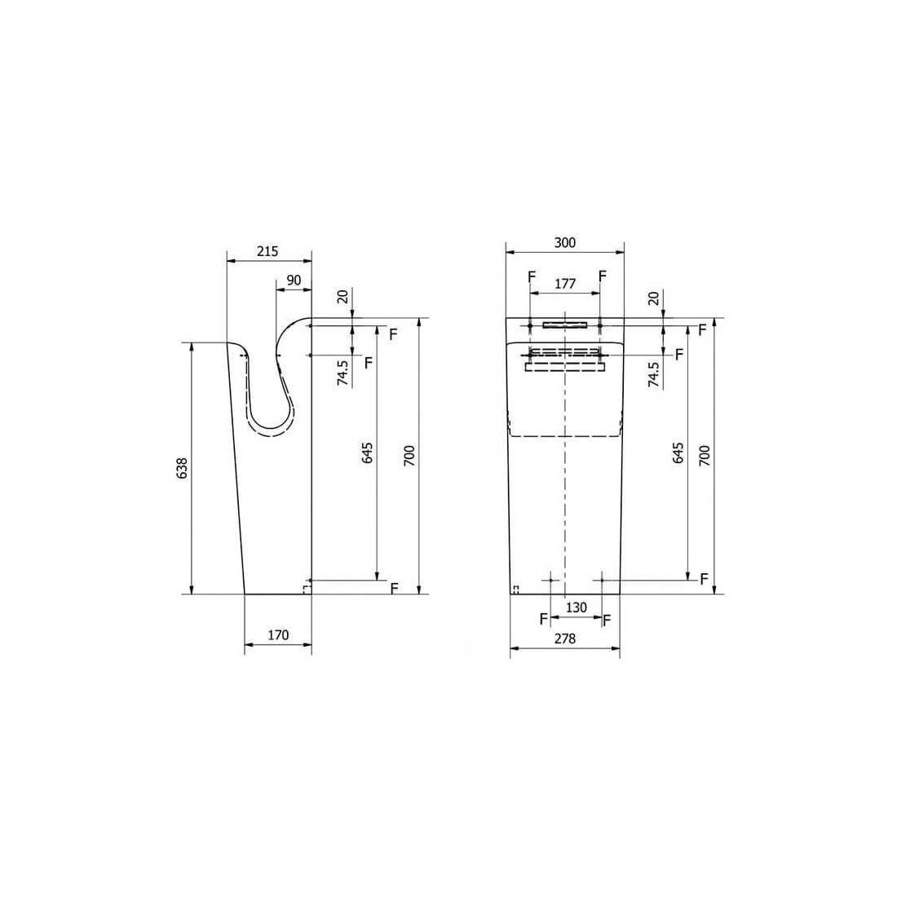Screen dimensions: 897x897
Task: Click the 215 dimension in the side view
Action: tap(267, 251)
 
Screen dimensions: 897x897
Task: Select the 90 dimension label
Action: tap(294, 281)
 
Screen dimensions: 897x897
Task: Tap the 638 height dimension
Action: tap(182, 468)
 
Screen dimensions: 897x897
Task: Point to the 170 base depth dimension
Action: tap(278, 635)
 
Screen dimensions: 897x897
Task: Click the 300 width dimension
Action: tap(565, 242)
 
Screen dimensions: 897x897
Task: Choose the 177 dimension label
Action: tap(565, 284)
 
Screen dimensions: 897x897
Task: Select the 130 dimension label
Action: tap(576, 608)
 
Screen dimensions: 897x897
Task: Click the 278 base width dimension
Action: tap(564, 639)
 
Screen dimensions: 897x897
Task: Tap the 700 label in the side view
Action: tap(410, 455)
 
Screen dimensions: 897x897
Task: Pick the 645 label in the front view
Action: tap(678, 453)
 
